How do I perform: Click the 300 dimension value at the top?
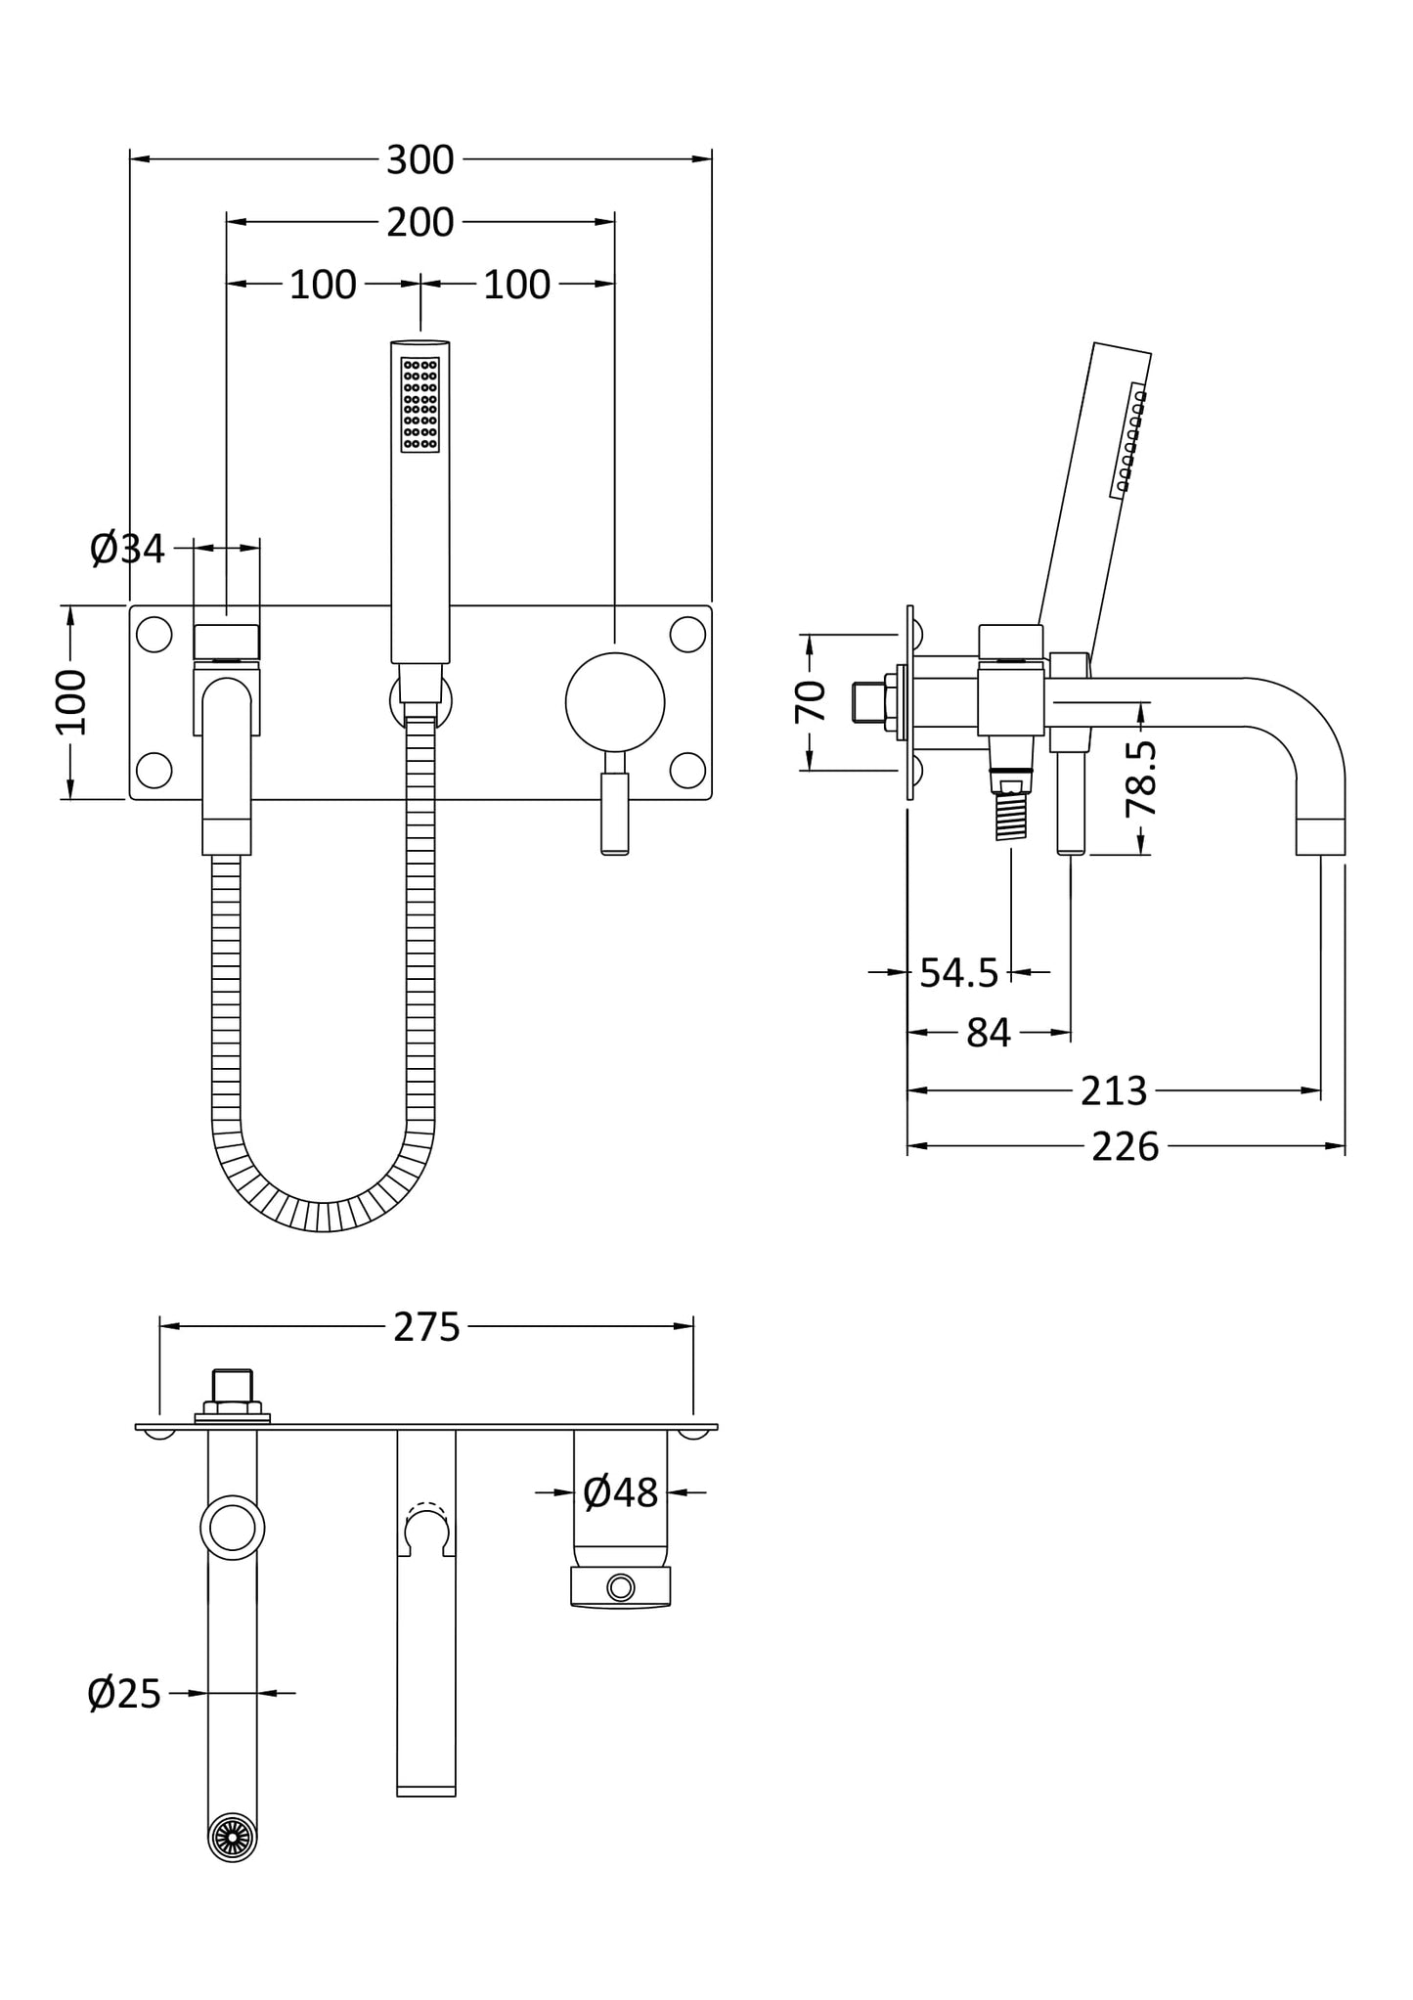point(419,159)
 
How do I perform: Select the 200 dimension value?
point(419,223)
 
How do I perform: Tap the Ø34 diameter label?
point(128,549)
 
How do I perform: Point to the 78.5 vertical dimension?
point(1141,778)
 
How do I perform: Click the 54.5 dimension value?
point(958,973)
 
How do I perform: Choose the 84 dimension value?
point(988,1033)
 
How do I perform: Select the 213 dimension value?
point(1113,1090)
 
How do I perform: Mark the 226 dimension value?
point(1125,1146)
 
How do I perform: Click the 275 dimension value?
point(426,1327)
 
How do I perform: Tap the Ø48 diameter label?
point(620,1492)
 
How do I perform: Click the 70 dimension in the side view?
point(811,701)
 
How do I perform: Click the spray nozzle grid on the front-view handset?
point(420,404)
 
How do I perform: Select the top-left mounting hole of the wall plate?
point(155,635)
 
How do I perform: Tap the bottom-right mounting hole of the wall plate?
point(687,770)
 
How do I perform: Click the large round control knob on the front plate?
point(615,701)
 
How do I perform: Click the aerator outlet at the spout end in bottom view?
point(233,1837)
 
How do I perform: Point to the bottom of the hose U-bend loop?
point(323,1215)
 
